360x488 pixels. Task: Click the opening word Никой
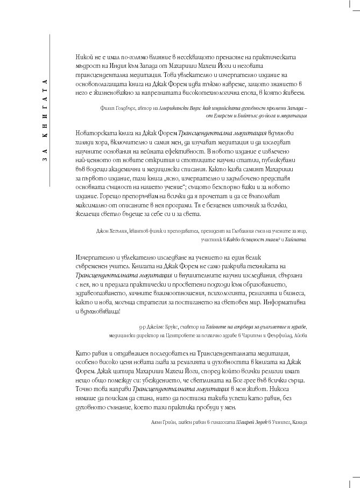pyautogui.click(x=86, y=56)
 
